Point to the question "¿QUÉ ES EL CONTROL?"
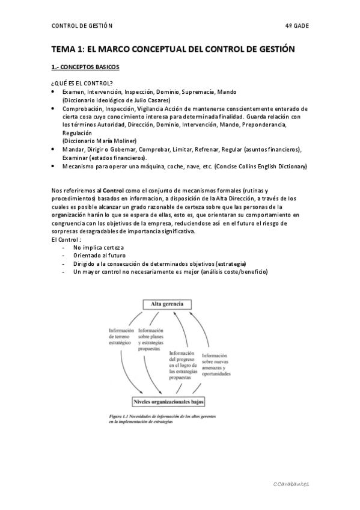click(x=83, y=83)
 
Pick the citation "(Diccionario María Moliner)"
click(x=99, y=141)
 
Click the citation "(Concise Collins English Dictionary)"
click(x=260, y=165)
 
